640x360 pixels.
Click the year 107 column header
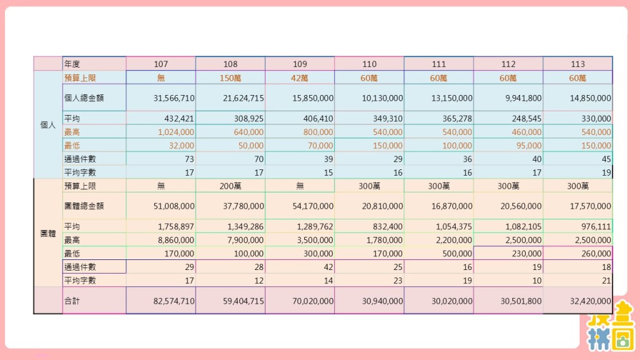(161, 64)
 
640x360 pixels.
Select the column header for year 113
(577, 64)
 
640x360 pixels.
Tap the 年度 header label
(72, 64)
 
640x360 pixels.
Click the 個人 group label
(47, 125)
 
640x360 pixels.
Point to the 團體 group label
(47, 233)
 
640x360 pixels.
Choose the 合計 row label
(72, 301)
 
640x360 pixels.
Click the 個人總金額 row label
(84, 97)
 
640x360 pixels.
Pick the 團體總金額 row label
(84, 206)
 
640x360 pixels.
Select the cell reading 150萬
(230, 78)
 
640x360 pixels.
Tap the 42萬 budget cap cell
(299, 78)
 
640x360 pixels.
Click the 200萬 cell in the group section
(230, 186)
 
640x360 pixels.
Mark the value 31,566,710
(174, 98)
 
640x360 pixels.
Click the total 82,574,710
(174, 301)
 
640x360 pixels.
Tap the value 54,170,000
(312, 206)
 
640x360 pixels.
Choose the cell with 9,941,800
(521, 98)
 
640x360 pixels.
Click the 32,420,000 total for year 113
(590, 301)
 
